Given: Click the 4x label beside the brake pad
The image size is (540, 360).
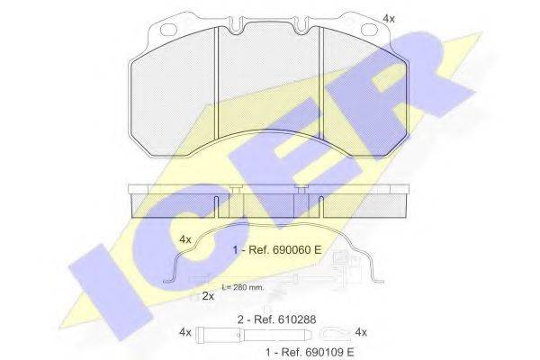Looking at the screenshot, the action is point(389,19).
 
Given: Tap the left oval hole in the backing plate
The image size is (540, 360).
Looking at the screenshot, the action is point(168,30).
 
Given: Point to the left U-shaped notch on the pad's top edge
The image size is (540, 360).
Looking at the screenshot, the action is point(236,25).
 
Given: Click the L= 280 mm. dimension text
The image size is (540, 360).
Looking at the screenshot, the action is point(243,287).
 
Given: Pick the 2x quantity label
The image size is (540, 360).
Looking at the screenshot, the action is point(208,295).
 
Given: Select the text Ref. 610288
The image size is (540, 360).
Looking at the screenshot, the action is point(284,319).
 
